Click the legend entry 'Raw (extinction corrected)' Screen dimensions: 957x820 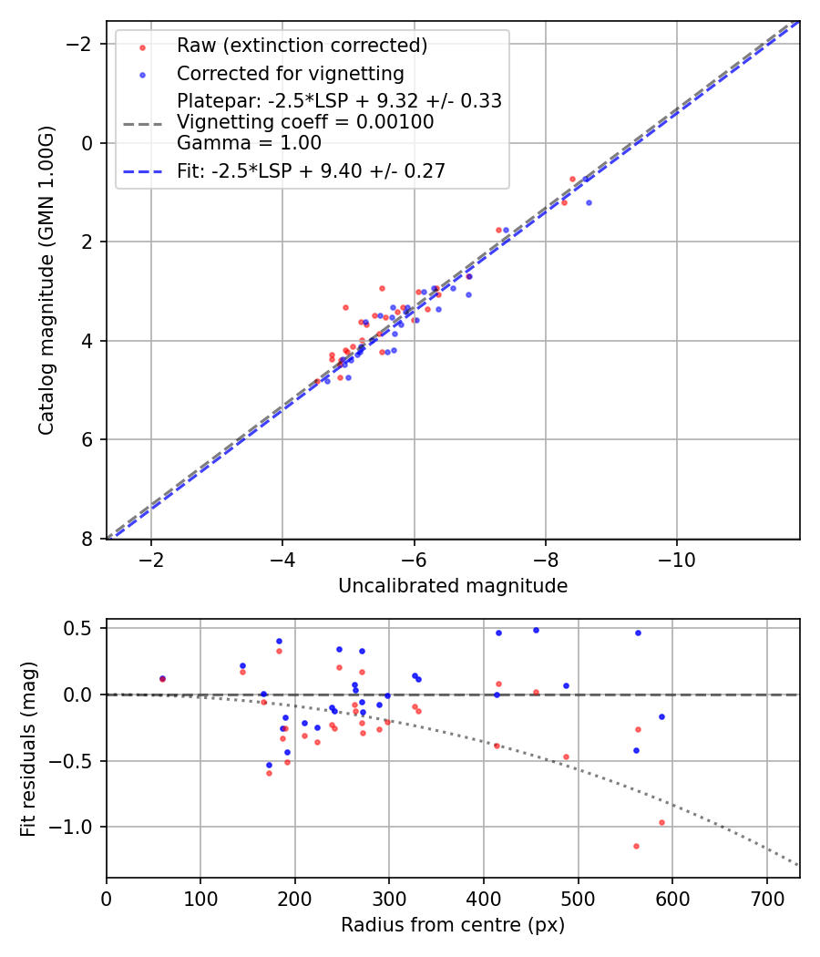pos(302,46)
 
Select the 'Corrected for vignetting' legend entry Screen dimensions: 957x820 pos(290,74)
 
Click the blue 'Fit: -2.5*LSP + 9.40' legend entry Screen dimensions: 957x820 pos(311,171)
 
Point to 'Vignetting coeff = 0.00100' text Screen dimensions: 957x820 pos(305,122)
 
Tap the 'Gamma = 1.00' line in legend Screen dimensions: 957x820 pos(249,143)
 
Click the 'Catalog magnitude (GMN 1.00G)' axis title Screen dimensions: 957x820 pos(46,280)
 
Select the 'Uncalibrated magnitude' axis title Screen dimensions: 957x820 pos(453,586)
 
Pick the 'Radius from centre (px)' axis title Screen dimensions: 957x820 pos(453,925)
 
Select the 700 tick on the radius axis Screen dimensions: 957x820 pos(766,898)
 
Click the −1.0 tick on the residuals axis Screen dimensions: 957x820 pos(78,827)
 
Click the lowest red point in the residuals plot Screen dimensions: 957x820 pos(636,846)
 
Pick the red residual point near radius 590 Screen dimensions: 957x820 pos(661,822)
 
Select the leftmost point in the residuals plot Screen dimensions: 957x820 pos(162,679)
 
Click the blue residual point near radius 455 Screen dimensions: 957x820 pos(536,630)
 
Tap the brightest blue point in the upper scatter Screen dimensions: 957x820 pos(589,202)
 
